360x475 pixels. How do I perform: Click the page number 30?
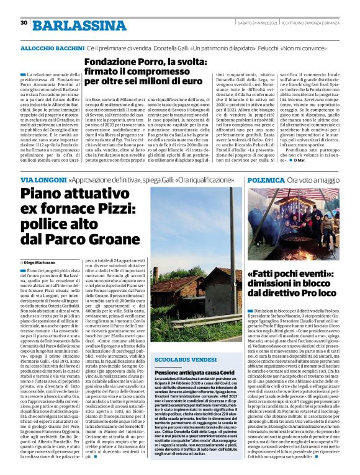pos(24,23)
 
